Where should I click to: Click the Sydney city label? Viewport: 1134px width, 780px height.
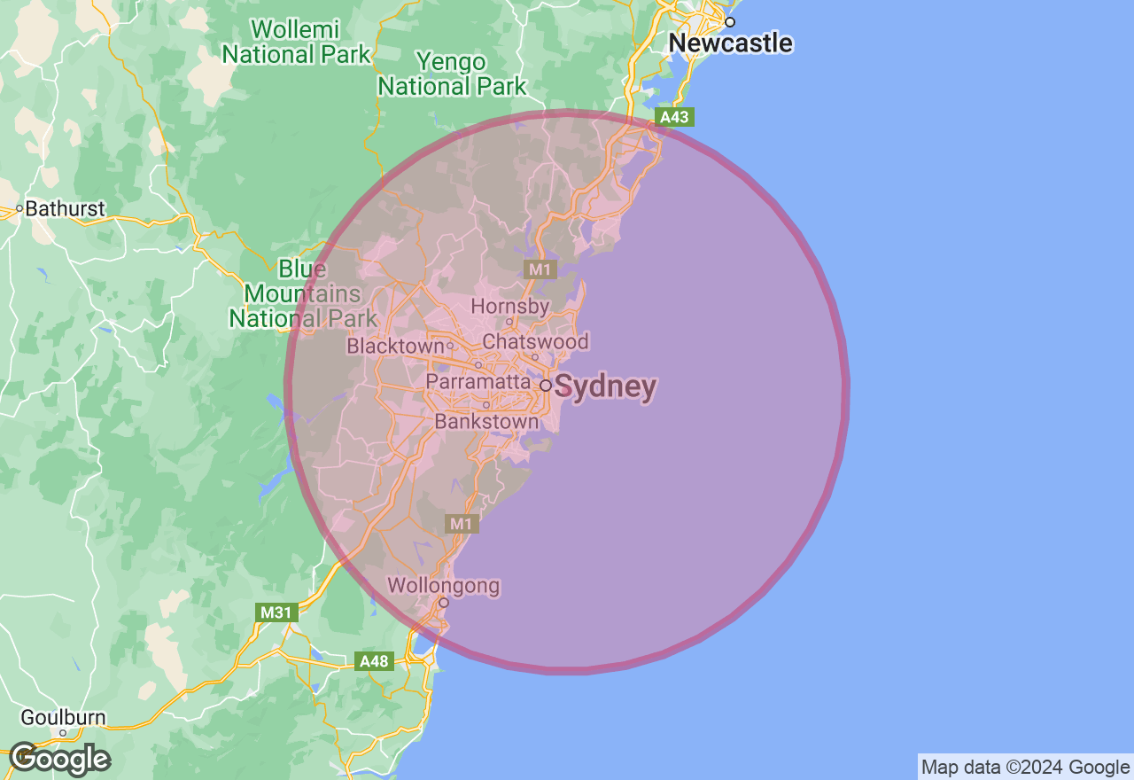click(x=607, y=387)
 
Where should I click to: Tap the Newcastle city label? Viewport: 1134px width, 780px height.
click(x=730, y=43)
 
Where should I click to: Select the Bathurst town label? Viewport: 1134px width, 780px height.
click(x=65, y=209)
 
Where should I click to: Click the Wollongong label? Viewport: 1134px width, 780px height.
click(x=444, y=586)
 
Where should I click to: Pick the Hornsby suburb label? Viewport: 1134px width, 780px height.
click(x=509, y=306)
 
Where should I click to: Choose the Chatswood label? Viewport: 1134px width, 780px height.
click(x=535, y=341)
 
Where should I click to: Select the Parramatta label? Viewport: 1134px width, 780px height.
click(x=478, y=380)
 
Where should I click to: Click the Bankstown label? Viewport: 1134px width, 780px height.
click(x=486, y=422)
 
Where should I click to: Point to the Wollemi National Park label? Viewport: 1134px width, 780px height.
click(x=296, y=42)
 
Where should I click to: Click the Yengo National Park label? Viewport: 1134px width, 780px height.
click(x=452, y=74)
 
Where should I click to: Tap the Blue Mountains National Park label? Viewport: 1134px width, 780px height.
click(x=303, y=293)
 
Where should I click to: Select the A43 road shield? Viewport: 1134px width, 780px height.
click(x=674, y=117)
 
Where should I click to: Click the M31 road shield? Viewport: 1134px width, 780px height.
click(x=275, y=612)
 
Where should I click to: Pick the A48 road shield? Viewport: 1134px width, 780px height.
click(x=374, y=661)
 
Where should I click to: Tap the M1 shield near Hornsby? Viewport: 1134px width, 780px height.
click(x=540, y=269)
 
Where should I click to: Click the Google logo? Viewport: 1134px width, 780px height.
click(x=59, y=759)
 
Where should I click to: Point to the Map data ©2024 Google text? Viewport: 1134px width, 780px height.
click(x=1025, y=768)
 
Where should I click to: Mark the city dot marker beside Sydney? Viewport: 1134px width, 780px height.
click(x=546, y=386)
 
